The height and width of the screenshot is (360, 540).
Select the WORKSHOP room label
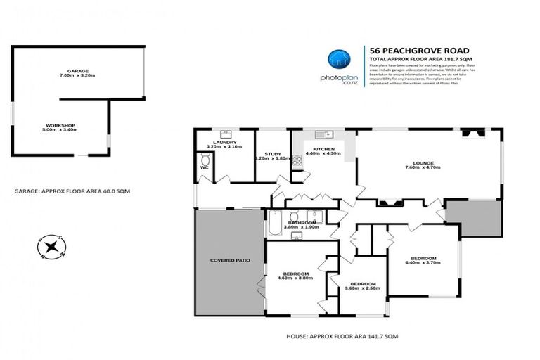pyautogui.click(x=60, y=125)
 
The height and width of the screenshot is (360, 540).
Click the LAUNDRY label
pyautogui.click(x=224, y=143)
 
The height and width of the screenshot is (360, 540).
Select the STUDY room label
pyautogui.click(x=273, y=154)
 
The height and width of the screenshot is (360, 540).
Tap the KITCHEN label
pyautogui.click(x=325, y=149)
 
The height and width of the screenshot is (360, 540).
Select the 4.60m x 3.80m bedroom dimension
pyautogui.click(x=295, y=278)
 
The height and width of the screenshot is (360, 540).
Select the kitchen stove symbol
pyautogui.click(x=297, y=161)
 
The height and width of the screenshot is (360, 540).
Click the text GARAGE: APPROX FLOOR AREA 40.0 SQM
pyautogui.click(x=72, y=191)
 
